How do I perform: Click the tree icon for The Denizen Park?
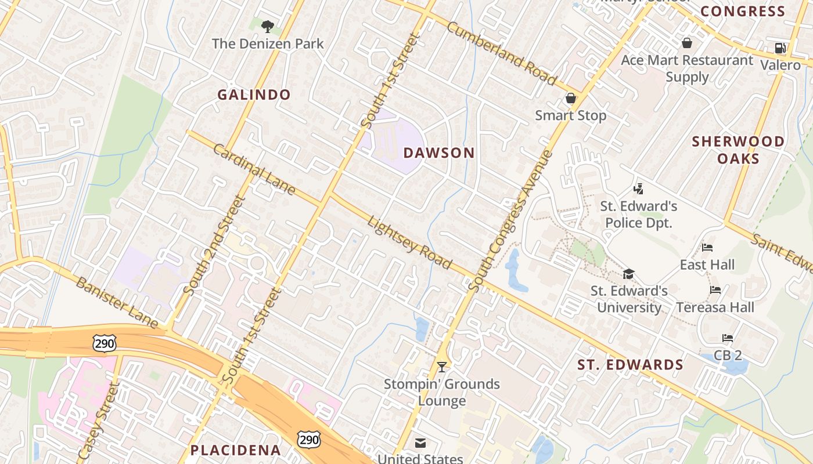pyautogui.click(x=267, y=26)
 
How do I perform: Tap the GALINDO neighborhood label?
pyautogui.click(x=254, y=95)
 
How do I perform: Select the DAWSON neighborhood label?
pyautogui.click(x=439, y=153)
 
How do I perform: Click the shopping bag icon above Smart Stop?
pyautogui.click(x=570, y=98)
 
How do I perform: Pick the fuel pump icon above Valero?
pyautogui.click(x=780, y=48)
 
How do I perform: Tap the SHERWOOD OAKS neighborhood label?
pyautogui.click(x=738, y=150)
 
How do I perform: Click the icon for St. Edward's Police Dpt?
pyautogui.click(x=639, y=188)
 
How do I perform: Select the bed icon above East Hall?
pyautogui.click(x=707, y=248)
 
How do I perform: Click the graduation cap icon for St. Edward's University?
pyautogui.click(x=628, y=274)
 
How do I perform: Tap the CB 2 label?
pyautogui.click(x=728, y=354)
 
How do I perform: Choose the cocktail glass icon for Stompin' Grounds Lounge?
pyautogui.click(x=442, y=367)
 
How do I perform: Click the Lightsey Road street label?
pyautogui.click(x=410, y=242)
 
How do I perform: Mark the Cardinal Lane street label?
pyautogui.click(x=254, y=169)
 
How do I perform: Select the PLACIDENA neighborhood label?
pyautogui.click(x=236, y=450)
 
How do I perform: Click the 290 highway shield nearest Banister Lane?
pyautogui.click(x=105, y=343)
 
